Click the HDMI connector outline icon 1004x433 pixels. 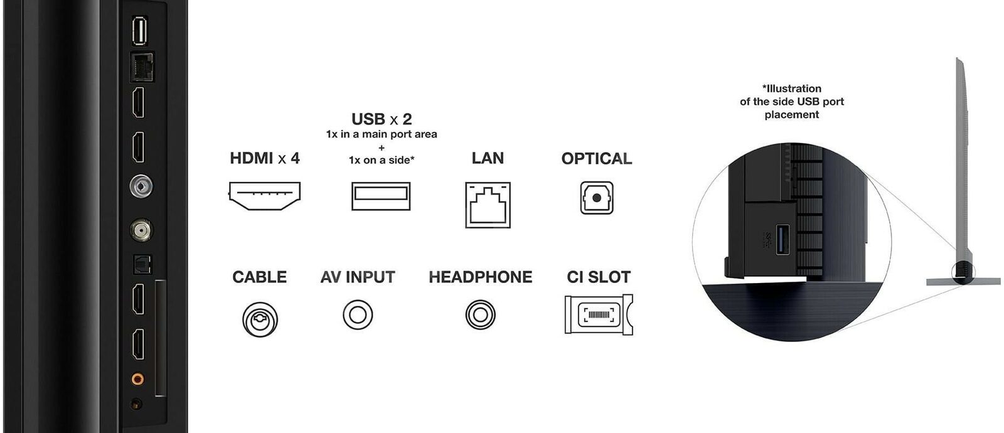(x=264, y=196)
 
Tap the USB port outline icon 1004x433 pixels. (x=381, y=196)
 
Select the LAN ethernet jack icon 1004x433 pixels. (x=488, y=205)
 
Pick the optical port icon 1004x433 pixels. (x=597, y=198)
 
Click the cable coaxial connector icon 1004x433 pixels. (x=260, y=319)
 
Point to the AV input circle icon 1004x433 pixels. (x=358, y=314)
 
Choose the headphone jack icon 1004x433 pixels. (x=481, y=314)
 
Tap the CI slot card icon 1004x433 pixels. (x=599, y=314)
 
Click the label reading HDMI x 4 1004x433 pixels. (x=264, y=158)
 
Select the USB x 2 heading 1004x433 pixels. (x=382, y=119)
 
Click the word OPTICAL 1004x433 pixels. (x=597, y=159)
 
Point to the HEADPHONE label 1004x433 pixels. (x=481, y=277)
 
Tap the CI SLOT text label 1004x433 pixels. (x=599, y=277)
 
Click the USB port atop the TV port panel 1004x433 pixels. (x=140, y=31)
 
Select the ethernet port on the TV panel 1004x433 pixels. (x=142, y=67)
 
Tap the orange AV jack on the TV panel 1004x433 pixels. (x=137, y=379)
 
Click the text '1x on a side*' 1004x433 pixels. (x=382, y=160)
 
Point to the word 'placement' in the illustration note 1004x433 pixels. (x=791, y=115)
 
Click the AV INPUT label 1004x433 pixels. (x=358, y=277)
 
